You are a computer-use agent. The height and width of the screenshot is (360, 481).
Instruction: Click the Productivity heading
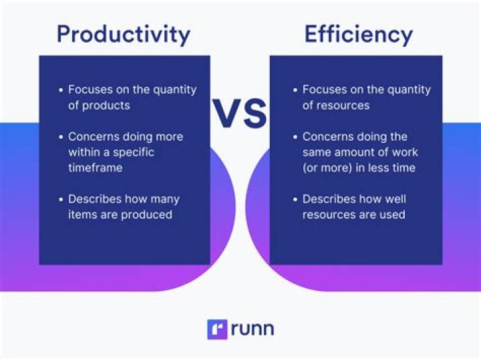124,33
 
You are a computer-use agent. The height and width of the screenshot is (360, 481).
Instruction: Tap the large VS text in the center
240,114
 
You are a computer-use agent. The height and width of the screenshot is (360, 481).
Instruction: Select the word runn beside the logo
253,329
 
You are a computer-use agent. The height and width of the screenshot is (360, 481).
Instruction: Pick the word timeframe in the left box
96,168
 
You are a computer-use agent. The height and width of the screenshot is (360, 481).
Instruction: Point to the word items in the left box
82,214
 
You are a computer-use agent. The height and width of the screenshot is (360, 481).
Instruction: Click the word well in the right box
393,199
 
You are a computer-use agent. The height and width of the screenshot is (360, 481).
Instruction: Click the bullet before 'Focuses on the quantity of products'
60,90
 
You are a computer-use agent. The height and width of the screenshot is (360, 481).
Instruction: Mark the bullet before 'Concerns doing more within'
60,137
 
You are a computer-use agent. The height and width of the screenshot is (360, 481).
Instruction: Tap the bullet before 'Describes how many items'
60,199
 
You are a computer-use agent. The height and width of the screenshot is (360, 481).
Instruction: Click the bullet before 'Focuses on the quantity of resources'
295,90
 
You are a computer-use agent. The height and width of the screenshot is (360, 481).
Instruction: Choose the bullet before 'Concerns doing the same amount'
295,137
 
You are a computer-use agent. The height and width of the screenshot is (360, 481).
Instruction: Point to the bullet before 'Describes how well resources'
295,199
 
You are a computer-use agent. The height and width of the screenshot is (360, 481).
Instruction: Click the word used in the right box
391,214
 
